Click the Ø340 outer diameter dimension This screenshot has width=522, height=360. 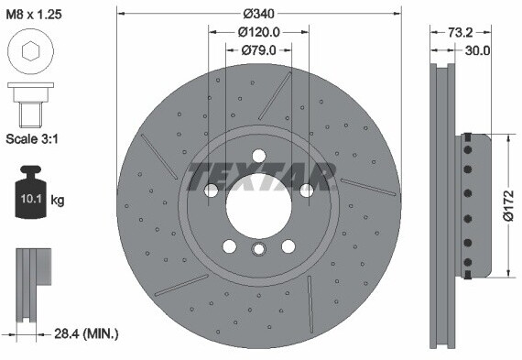tap(259, 14)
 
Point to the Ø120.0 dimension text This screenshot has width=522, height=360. tap(259, 32)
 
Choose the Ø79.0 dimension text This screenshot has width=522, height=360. tap(259, 50)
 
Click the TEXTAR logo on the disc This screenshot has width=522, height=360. tap(259, 174)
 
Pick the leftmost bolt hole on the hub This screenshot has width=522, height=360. tap(212, 190)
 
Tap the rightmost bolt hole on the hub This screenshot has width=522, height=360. tap(306, 190)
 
